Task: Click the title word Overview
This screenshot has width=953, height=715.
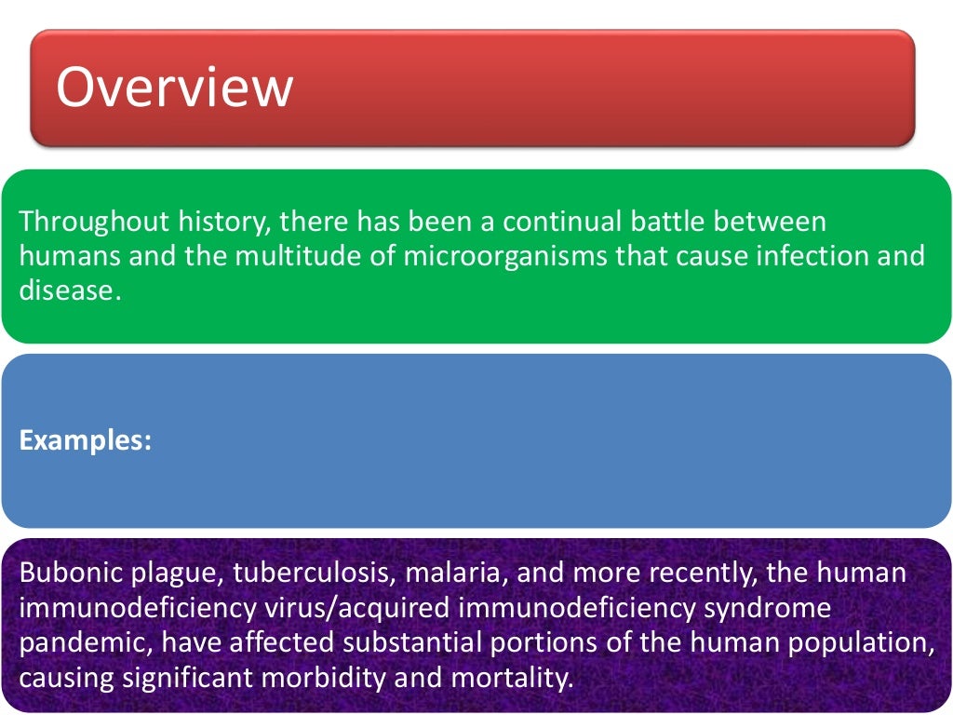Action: [174, 88]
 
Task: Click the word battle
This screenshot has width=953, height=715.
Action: [693, 222]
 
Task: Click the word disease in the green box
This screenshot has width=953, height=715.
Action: [70, 289]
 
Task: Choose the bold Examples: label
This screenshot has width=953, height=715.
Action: [86, 440]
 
